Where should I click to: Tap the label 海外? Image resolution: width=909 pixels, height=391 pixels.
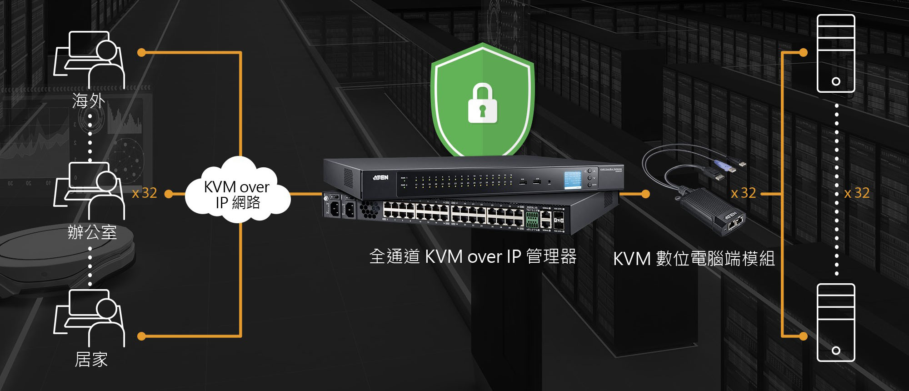89,101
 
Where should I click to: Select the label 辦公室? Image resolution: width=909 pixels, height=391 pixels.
92,232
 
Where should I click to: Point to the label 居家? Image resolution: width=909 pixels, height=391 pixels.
91,360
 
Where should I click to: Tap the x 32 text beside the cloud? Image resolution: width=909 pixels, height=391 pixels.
145,193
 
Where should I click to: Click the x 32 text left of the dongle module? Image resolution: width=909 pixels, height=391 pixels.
744,193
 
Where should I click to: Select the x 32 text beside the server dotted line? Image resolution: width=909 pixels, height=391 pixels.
857,193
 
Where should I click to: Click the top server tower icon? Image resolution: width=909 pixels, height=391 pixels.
836,53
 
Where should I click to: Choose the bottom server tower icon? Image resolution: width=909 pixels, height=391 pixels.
836,322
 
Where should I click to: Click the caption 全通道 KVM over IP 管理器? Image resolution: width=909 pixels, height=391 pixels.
473,257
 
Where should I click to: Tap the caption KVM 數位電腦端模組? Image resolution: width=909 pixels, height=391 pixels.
694,259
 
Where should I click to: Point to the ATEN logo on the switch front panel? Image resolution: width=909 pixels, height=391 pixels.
380,177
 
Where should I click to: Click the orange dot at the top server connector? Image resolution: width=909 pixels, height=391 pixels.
803,53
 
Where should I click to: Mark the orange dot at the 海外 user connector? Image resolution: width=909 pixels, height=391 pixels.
141,53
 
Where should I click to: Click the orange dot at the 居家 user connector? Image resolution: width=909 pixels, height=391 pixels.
141,336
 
